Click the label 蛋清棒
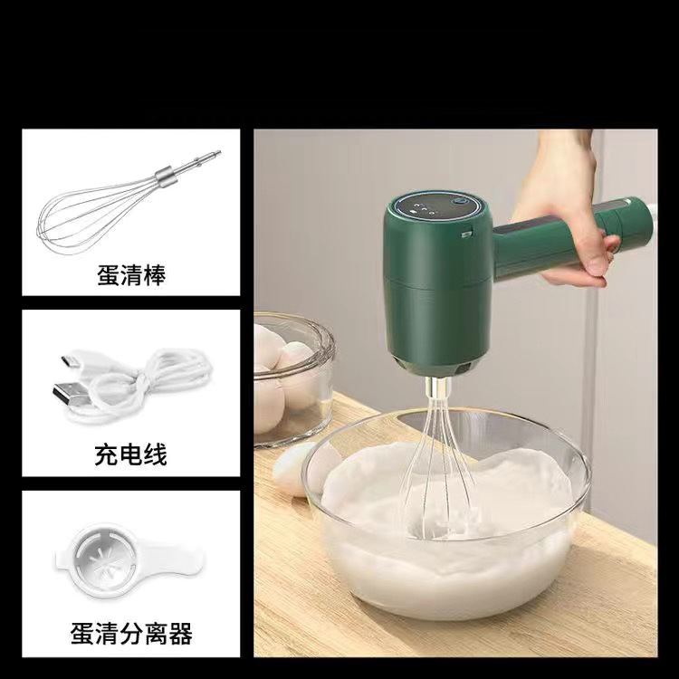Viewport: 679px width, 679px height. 131,275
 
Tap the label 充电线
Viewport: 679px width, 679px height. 130,454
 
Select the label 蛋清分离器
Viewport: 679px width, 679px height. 131,634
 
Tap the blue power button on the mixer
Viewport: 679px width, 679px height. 457,202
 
